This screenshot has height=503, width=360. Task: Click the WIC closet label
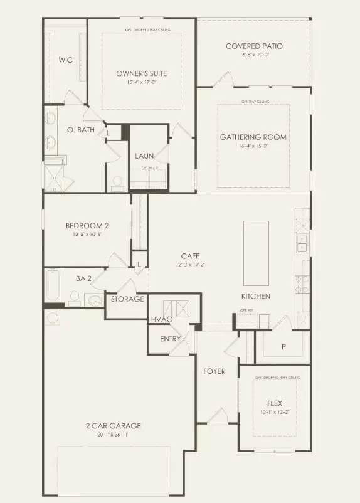[x=66, y=60]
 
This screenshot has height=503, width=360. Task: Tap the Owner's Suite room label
[x=142, y=73]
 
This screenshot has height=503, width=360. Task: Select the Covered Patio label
[x=254, y=46]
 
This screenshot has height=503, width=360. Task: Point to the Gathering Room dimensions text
[x=253, y=146]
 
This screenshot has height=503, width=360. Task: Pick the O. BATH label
[x=80, y=130]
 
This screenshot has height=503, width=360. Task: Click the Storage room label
[x=128, y=299]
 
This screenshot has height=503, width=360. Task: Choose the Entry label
[x=171, y=339]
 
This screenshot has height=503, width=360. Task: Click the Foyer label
[x=214, y=371]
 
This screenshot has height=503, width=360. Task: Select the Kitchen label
[x=256, y=295]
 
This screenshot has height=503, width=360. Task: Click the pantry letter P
[x=283, y=346]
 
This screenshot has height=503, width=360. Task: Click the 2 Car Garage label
[x=114, y=426]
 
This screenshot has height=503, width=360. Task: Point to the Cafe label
[x=190, y=256]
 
